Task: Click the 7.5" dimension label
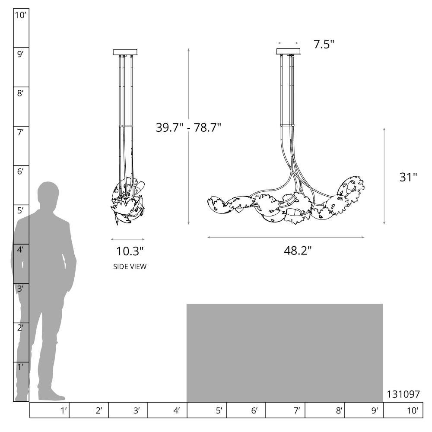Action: [324, 44]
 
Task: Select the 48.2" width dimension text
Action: [298, 251]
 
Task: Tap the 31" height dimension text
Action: [408, 177]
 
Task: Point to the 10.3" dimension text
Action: [130, 251]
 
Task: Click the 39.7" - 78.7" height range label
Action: [188, 127]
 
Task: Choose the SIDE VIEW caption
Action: [130, 267]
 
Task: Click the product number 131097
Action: [403, 394]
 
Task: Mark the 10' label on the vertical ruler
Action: [20, 16]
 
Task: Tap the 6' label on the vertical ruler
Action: [20, 172]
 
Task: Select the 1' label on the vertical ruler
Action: [20, 367]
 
